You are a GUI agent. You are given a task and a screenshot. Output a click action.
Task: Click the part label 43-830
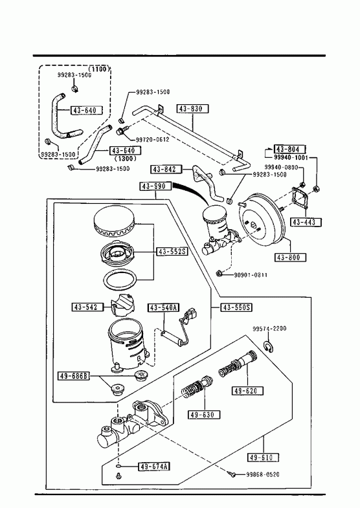point(192,109)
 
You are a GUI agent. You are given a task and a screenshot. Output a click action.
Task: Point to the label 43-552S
point(172,251)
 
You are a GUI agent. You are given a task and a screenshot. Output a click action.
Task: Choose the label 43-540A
point(164,307)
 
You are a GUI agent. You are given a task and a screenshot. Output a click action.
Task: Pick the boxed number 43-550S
point(236,307)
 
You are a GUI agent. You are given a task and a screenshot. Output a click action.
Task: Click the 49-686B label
point(74,376)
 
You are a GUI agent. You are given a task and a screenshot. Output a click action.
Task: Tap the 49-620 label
point(247,390)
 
